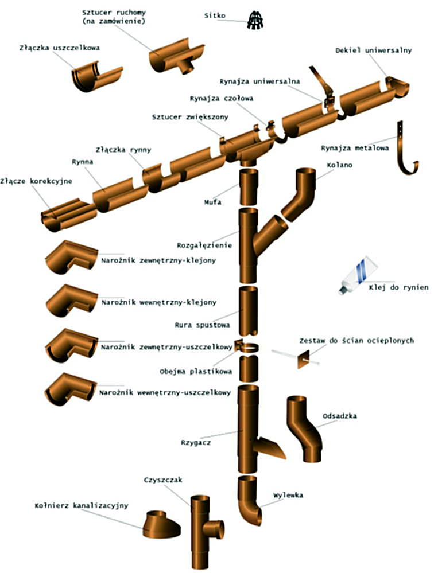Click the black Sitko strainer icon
point(255,21)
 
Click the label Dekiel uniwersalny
point(374,50)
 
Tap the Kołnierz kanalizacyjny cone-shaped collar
point(161,522)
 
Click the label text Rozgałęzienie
point(204,245)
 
